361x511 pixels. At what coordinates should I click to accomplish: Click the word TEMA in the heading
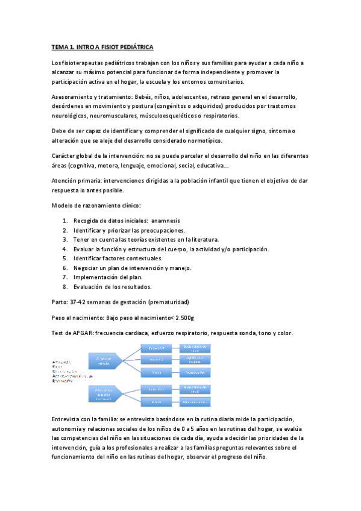[59, 46]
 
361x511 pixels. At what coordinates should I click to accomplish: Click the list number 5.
[64, 259]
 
